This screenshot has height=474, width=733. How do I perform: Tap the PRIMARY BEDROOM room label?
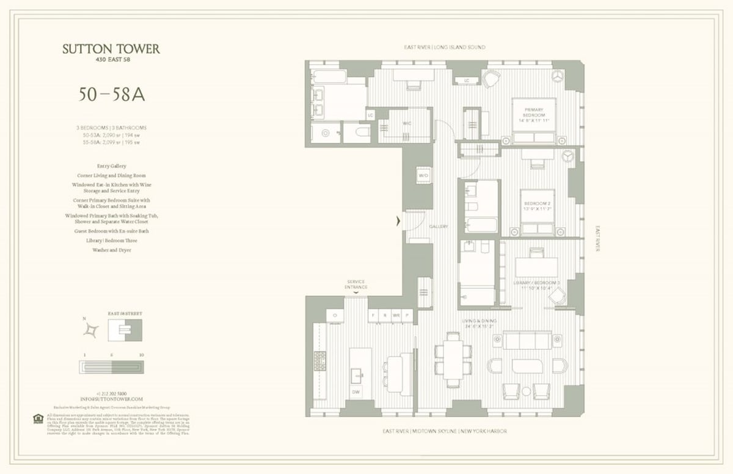(x=533, y=114)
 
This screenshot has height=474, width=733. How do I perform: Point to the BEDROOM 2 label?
(x=537, y=206)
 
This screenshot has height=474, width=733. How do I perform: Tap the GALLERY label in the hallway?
(x=438, y=227)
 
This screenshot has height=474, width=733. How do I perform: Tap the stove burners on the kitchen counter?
(x=319, y=361)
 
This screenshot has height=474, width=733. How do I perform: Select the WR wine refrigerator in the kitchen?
(x=396, y=315)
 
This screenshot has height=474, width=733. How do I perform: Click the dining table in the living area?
(x=453, y=360)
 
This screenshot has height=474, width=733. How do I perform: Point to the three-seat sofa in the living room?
(x=527, y=340)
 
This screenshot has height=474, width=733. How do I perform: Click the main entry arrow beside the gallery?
(x=399, y=222)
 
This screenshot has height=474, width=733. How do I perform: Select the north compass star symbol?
(x=91, y=330)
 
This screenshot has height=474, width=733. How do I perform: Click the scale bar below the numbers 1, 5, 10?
(x=111, y=368)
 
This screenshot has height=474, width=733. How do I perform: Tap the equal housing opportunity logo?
(x=38, y=418)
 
